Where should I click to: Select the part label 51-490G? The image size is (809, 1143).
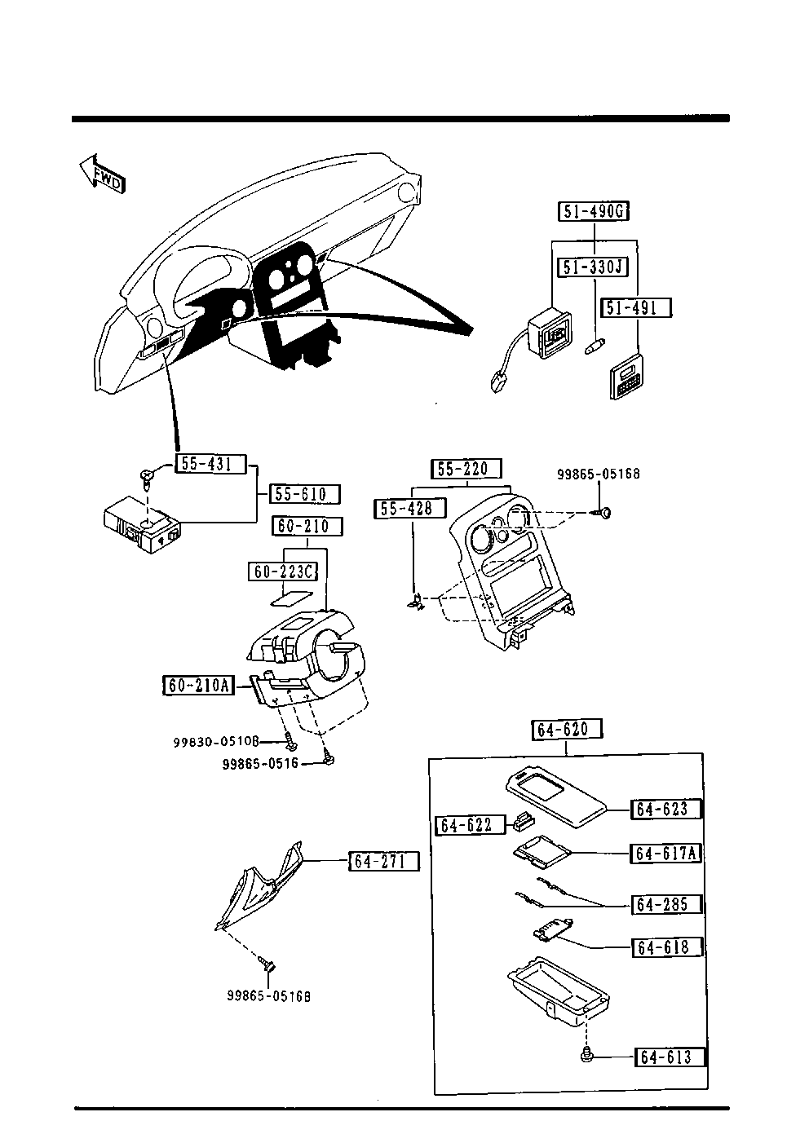593,210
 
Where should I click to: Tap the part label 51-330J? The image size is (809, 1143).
592,267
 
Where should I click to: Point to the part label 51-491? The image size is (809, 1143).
636,307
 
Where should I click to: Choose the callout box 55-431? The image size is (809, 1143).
210,464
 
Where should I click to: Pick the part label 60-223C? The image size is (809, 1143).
283,571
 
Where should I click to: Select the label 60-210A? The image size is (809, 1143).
198,685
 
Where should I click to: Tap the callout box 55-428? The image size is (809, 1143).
410,508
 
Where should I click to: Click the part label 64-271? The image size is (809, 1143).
384,862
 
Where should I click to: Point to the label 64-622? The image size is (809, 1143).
470,825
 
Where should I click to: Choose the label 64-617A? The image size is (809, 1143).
666,853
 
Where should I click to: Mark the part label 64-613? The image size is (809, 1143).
670,1057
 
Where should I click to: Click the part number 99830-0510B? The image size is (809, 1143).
216,742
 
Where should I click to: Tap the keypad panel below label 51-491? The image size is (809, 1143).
626,376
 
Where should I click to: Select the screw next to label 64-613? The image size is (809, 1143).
587,1056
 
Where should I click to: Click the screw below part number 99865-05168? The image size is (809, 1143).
603,512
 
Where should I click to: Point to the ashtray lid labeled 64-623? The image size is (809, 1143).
556,801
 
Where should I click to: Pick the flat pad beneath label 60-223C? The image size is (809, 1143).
291,598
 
